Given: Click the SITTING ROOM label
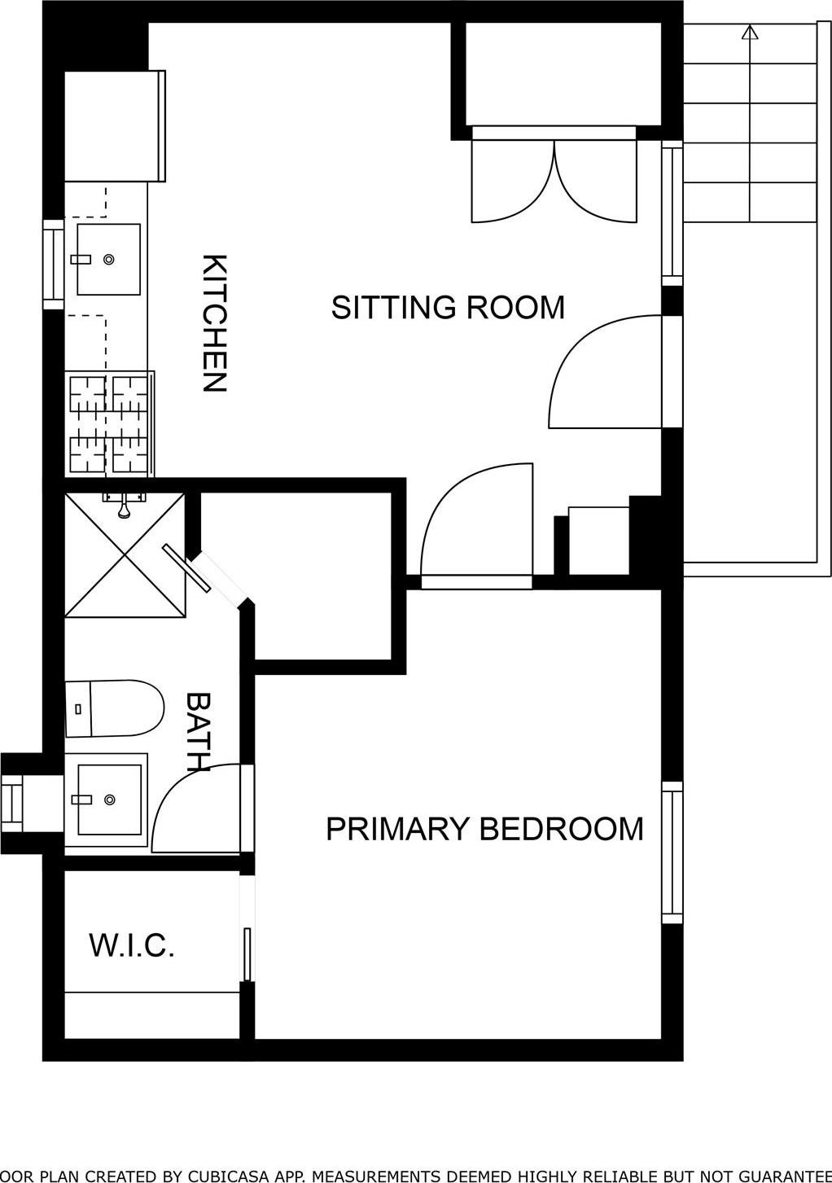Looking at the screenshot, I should pos(448,308).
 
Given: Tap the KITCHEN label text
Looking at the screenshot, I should pos(214,323).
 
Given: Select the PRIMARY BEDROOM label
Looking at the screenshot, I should pos(484,829).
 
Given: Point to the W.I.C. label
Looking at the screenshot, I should pos(132,946).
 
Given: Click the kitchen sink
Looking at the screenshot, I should pos(107,259).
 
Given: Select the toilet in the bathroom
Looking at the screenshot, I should pos(114,708).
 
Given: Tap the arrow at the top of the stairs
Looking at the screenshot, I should pos(750,32).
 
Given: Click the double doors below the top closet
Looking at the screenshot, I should pos(554,181).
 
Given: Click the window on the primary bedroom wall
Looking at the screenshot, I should pos(672,852).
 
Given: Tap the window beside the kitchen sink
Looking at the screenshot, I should pos(53,265).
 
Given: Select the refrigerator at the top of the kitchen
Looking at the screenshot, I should pos(114,126).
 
